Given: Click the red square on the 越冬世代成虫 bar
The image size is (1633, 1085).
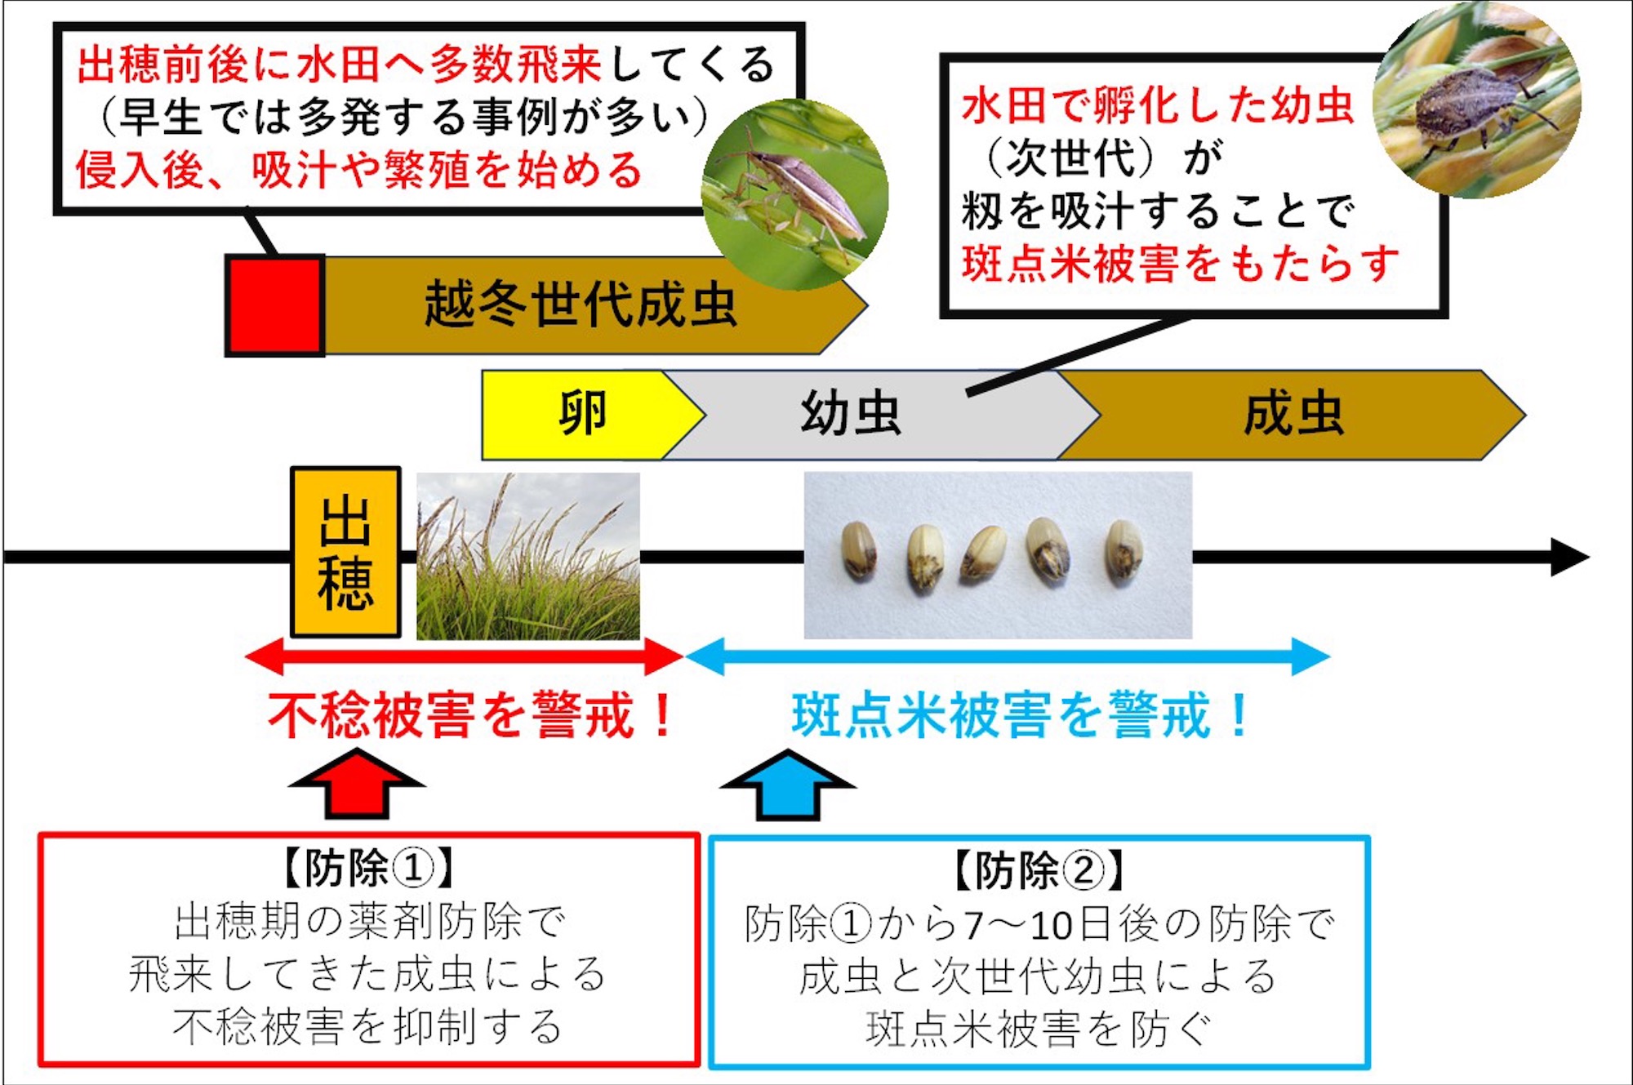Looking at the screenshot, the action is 275,305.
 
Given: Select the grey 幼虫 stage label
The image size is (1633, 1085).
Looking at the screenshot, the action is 851,413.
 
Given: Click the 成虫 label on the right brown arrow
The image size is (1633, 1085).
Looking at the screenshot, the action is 1293,414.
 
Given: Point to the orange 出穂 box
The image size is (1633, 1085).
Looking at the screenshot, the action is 345,552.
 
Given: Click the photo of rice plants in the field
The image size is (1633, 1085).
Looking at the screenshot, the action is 528,556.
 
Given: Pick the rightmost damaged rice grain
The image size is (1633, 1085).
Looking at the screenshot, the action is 1124,550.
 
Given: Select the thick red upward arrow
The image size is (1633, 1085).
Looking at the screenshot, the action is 357,784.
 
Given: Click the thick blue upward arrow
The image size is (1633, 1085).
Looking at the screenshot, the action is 788,785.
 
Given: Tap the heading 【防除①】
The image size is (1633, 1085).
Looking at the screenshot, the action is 368,868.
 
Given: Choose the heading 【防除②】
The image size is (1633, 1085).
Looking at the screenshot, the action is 1039,870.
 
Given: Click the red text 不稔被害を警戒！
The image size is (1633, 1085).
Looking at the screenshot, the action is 472,715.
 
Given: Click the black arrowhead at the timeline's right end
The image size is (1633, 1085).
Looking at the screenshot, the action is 1569,557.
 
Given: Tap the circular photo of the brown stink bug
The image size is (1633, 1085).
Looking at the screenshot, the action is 1477,100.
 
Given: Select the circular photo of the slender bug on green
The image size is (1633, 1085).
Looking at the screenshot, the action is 794,194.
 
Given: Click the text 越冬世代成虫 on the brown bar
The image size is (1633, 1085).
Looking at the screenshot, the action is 581,305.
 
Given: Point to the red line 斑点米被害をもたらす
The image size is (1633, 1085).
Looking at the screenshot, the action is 1181,264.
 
